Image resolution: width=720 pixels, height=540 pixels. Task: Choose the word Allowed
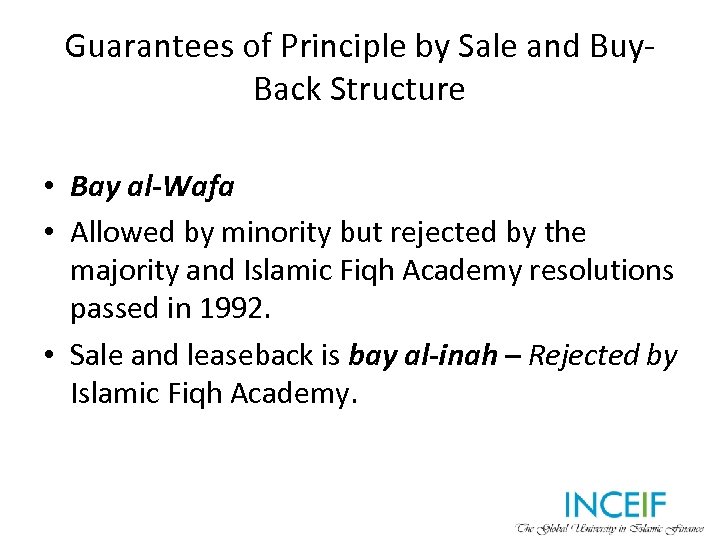pos(125,232)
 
